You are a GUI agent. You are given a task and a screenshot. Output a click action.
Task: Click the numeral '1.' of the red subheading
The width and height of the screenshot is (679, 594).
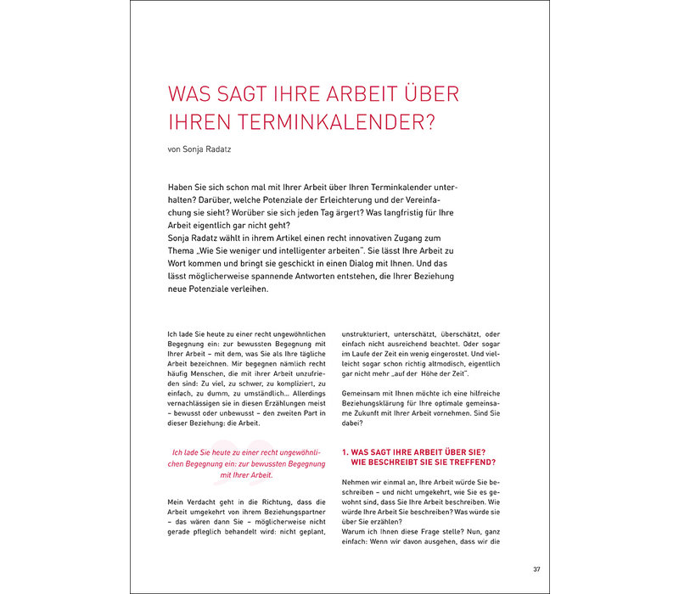point(345,451)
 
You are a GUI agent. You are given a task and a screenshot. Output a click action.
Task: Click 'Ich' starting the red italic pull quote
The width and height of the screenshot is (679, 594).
point(177,452)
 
